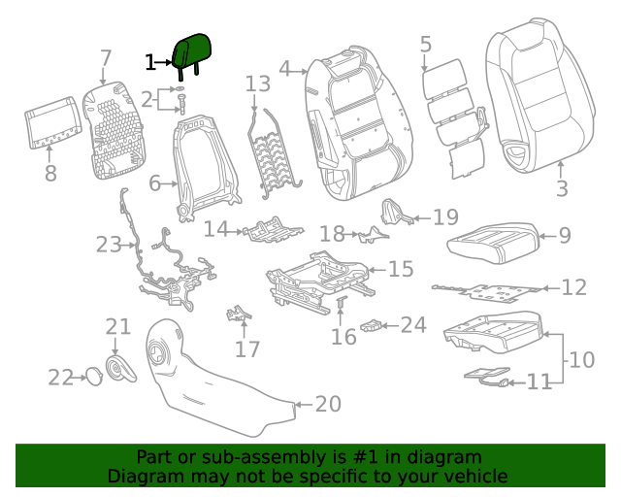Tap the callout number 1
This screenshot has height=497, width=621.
click(x=150, y=63)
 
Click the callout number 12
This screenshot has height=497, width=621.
click(x=574, y=287)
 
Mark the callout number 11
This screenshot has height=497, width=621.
click(x=539, y=381)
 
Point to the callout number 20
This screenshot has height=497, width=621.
click(x=328, y=404)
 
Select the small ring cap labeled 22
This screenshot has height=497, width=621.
click(x=92, y=376)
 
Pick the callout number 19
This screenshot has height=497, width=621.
click(x=444, y=217)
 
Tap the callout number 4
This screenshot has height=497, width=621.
click(x=284, y=68)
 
